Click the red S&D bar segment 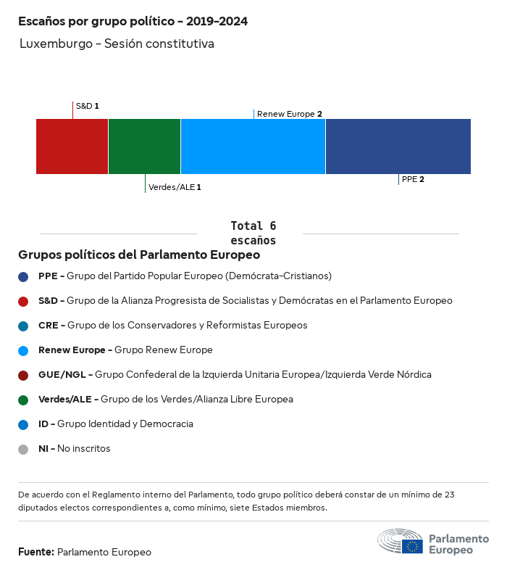tap(72, 146)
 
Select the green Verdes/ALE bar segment tap(144, 146)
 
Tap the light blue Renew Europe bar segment tap(253, 146)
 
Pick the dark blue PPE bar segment tap(398, 146)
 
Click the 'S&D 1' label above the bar tap(87, 106)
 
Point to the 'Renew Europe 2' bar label tap(289, 114)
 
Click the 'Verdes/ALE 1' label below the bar tap(175, 187)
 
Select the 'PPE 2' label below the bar tap(412, 179)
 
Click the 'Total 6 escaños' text tap(253, 233)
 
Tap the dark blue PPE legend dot tap(23, 276)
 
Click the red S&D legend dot tap(23, 301)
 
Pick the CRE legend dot tap(23, 326)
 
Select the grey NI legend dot tap(23, 449)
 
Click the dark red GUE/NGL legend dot tap(23, 375)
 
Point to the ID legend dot tap(23, 424)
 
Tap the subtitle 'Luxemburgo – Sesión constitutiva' tap(117, 44)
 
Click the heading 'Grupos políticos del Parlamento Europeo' tap(139, 255)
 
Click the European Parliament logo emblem tap(400, 542)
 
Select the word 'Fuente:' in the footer tap(36, 552)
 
